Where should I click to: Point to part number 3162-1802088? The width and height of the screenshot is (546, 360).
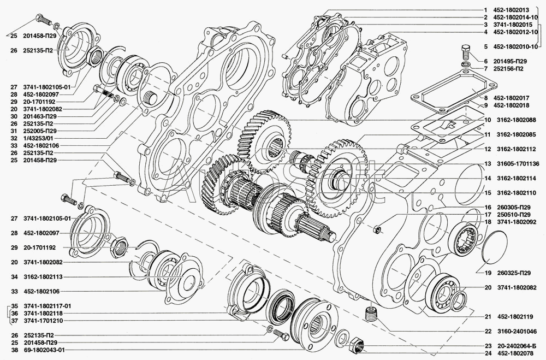[516, 120]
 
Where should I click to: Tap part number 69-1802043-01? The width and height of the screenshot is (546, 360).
[44, 350]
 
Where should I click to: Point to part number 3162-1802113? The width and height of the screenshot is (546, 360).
[44, 276]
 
